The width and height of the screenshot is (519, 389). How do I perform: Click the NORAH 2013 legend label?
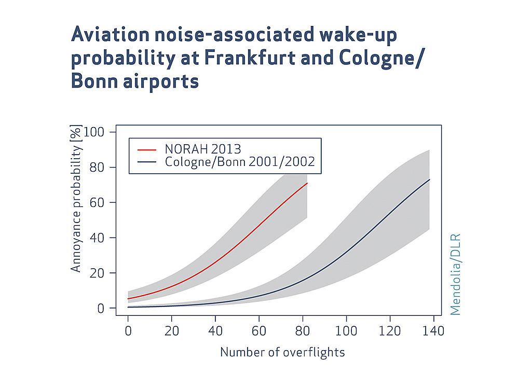coord(203,149)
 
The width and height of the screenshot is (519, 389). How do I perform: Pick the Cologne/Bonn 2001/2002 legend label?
coord(240,162)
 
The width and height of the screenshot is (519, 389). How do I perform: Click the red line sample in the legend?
coord(147,149)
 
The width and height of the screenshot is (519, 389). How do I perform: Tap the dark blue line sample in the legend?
coord(147,162)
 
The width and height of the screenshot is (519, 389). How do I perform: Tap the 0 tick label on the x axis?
coord(128,331)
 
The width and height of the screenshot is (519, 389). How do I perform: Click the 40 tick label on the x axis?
coord(215,331)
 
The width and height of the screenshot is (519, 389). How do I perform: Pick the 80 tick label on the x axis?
coord(303,331)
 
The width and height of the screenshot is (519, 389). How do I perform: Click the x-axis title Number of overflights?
coord(282,352)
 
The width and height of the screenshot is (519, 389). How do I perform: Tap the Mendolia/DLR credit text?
coord(456,274)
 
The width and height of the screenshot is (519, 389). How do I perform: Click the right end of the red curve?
coord(307,183)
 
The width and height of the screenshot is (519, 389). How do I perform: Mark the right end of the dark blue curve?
coord(430,179)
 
